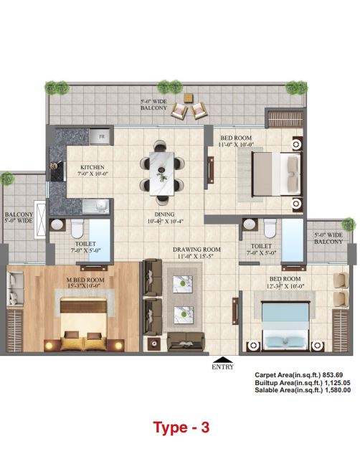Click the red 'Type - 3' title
[181, 428]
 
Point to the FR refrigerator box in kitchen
[103, 136]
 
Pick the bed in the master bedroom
[82, 320]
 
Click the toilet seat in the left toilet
[80, 229]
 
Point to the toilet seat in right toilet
[270, 229]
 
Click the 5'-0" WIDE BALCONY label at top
[153, 105]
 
